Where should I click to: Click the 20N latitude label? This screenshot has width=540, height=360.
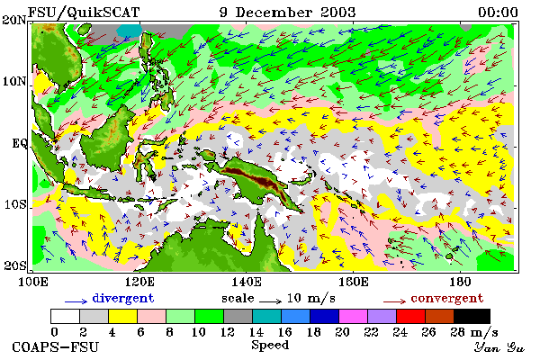click(x=14, y=20)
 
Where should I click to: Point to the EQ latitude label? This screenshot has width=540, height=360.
click(x=19, y=143)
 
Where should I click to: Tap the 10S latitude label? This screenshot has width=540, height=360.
click(x=15, y=204)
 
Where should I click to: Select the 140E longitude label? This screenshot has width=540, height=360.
click(x=247, y=282)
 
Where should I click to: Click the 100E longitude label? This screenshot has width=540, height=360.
click(x=33, y=282)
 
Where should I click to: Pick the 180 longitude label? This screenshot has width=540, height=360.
click(x=460, y=282)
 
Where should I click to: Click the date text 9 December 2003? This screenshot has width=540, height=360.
click(x=288, y=13)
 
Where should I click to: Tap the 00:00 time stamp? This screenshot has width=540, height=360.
click(x=498, y=13)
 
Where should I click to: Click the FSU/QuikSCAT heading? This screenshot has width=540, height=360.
click(x=84, y=13)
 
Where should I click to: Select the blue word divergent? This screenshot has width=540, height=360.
click(x=123, y=298)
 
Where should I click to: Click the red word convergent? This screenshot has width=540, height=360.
click(x=447, y=298)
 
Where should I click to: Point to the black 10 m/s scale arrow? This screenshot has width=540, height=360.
click(x=270, y=301)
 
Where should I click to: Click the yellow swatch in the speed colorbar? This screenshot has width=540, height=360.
click(x=122, y=316)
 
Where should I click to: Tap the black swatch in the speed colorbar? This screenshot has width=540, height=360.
click(x=472, y=316)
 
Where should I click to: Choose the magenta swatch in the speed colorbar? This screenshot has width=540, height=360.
click(x=354, y=316)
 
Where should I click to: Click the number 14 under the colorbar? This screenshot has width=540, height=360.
click(x=256, y=332)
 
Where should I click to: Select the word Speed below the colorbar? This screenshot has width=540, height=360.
click(x=270, y=346)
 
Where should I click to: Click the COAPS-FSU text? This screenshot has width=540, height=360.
click(x=55, y=346)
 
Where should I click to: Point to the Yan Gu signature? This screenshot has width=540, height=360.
click(x=499, y=347)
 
